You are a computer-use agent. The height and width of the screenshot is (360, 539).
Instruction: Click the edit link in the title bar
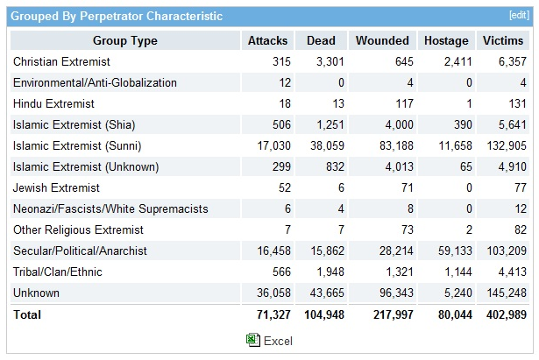pos(519,15)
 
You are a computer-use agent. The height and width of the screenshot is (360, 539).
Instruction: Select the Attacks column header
pos(267,40)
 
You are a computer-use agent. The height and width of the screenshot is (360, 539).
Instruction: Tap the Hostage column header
pos(446,40)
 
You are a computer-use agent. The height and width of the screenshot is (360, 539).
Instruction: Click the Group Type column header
pos(124,40)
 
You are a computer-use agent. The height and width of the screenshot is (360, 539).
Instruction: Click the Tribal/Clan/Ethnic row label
pos(58,272)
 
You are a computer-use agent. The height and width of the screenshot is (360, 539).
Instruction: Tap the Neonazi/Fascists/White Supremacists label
pos(111,208)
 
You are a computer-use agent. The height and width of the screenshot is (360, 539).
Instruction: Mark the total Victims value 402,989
pos(503,314)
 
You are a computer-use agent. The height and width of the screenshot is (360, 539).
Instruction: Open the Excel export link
pos(278,340)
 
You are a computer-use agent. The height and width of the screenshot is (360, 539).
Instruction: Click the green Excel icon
pos(252,340)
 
